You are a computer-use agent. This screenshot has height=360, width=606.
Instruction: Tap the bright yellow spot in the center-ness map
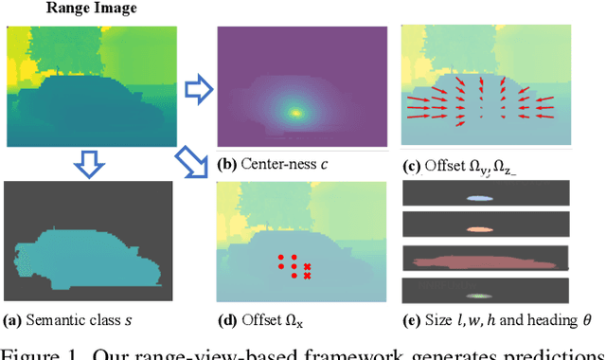pyautogui.click(x=295, y=113)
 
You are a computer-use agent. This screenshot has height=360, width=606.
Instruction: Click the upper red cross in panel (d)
pyautogui.click(x=307, y=267)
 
